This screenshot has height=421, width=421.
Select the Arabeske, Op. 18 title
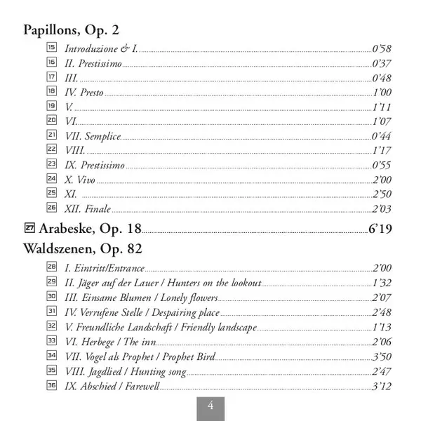pos(91,227)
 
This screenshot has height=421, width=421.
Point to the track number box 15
pos(51,48)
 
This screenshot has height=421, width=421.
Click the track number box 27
pos(29,227)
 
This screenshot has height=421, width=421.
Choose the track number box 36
pos(51,386)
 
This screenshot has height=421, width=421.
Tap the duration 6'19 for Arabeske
pos(380,228)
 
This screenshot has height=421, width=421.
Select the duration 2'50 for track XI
pos(382,194)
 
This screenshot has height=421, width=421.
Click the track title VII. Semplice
pos(93,135)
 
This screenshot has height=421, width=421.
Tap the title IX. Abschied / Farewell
pos(112,387)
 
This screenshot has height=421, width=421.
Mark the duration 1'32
pos(382,283)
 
